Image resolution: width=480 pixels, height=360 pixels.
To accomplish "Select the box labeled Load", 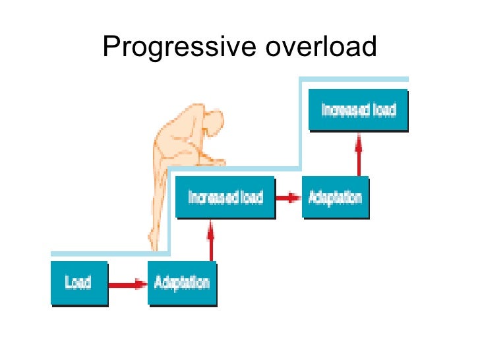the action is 78,284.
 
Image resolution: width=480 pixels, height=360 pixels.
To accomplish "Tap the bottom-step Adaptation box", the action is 182,284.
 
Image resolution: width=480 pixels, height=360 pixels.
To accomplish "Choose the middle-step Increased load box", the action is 225,197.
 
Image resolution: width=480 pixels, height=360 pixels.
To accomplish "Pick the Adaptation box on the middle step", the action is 334,197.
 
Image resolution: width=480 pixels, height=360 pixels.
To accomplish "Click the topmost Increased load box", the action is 358,109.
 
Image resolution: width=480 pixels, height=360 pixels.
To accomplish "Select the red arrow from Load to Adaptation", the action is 127,284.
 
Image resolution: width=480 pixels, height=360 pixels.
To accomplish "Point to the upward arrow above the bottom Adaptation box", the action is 211,240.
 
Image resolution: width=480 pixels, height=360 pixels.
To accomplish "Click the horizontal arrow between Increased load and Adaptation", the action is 288,197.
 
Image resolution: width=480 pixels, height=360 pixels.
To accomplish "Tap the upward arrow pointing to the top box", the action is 359,154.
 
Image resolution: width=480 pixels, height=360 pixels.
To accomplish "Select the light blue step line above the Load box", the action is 99,253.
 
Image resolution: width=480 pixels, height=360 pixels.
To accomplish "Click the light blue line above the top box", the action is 356,80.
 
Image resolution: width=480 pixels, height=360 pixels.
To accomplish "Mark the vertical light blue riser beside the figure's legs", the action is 169,211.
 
